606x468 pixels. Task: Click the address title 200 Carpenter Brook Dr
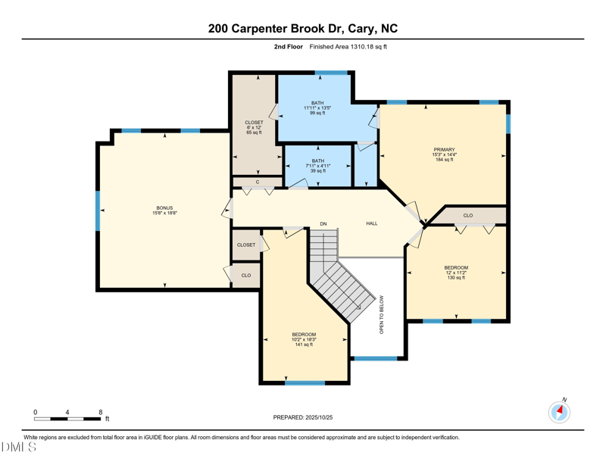tap(302, 29)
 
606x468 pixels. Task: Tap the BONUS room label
tap(164, 208)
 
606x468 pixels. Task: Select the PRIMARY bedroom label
tap(444, 150)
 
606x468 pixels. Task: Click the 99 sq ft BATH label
tap(317, 103)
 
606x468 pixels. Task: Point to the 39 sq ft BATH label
tap(317, 161)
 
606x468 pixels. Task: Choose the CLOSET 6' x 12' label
tap(254, 123)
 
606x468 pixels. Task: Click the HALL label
tap(372, 223)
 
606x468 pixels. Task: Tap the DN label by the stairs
tap(323, 223)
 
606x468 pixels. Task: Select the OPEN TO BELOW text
tap(382, 314)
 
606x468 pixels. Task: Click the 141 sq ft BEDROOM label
tap(304, 335)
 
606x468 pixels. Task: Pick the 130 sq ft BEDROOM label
tap(456, 268)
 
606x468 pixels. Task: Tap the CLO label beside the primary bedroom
tap(468, 216)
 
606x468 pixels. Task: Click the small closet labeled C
tap(258, 182)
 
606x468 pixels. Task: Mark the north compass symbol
tap(559, 411)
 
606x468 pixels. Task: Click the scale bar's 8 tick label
tap(101, 412)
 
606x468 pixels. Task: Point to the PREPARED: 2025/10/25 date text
tap(302, 417)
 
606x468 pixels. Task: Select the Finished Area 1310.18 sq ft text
tap(348, 47)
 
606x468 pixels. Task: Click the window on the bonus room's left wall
tap(97, 211)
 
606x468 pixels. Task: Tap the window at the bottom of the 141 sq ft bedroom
tap(305, 382)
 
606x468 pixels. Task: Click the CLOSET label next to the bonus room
tap(246, 245)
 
